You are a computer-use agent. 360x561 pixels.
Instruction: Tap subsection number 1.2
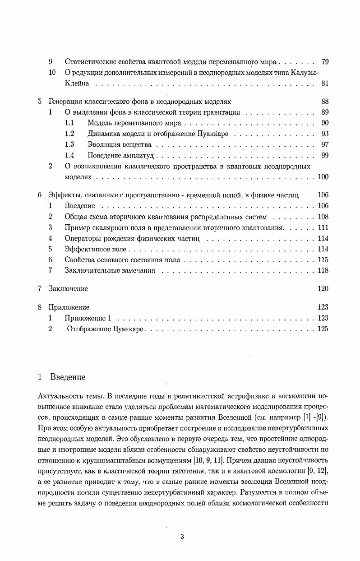click(69, 134)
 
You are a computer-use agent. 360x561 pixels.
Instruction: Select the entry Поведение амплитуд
click(121, 156)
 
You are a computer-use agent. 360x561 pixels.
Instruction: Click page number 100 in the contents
click(323, 177)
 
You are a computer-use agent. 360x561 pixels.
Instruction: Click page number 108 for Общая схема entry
click(323, 217)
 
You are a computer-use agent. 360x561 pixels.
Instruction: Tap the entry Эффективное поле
click(96, 249)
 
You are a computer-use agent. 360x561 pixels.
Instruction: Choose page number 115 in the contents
click(323, 260)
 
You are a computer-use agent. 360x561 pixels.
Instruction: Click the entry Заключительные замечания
click(110, 271)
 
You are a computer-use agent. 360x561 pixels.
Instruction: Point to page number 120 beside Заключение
click(323, 289)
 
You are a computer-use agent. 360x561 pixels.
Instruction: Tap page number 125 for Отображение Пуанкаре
click(323, 329)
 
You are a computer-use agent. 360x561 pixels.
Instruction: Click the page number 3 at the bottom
click(182, 537)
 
